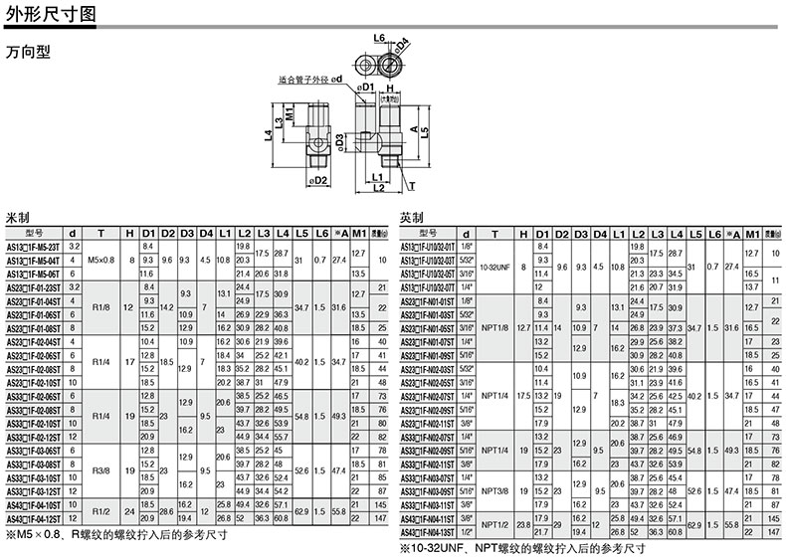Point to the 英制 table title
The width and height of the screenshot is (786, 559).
pyautogui.click(x=412, y=217)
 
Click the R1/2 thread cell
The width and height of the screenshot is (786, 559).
pyautogui.click(x=101, y=511)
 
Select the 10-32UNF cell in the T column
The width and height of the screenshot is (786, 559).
pyautogui.click(x=494, y=266)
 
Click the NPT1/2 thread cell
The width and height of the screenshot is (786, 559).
pyautogui.click(x=494, y=523)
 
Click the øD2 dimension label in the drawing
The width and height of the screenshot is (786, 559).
pyautogui.click(x=318, y=180)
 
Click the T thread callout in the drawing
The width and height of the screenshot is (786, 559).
pyautogui.click(x=412, y=184)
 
